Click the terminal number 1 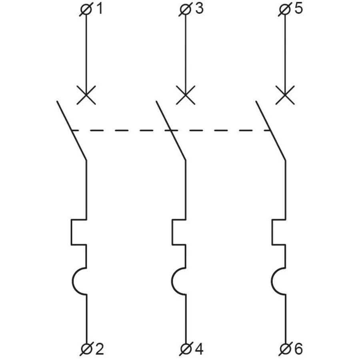click(100, 9)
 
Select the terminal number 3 click(199, 9)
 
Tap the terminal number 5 click(299, 9)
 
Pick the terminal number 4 click(199, 349)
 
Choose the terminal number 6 click(298, 349)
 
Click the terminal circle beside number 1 click(86, 10)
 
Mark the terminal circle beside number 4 click(186, 350)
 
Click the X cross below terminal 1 click(86, 95)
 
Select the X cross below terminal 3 click(186, 95)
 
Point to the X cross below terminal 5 click(285, 95)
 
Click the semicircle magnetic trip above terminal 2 click(72, 281)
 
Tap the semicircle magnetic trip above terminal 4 click(172, 281)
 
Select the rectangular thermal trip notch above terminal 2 click(72, 232)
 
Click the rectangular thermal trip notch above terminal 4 click(172, 232)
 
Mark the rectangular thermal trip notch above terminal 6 click(272, 232)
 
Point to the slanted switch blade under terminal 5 click(271, 130)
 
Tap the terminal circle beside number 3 click(186, 10)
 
